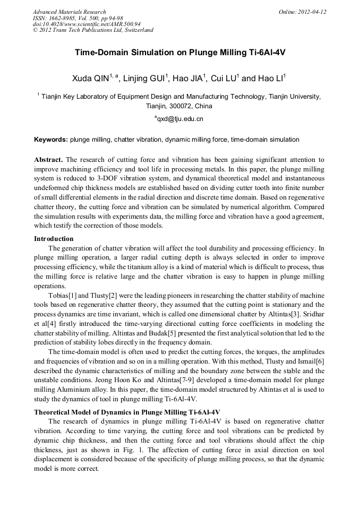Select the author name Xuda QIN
coord(91,79)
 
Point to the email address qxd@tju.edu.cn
coord(179,119)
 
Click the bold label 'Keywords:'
coord(51,140)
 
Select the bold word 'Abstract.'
coord(48,160)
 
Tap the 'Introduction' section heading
coord(54,238)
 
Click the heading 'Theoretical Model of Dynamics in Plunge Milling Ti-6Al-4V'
coord(127,412)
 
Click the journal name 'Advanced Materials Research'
coord(69,12)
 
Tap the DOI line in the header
coord(87,24)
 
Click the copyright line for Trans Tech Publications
coord(93,30)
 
